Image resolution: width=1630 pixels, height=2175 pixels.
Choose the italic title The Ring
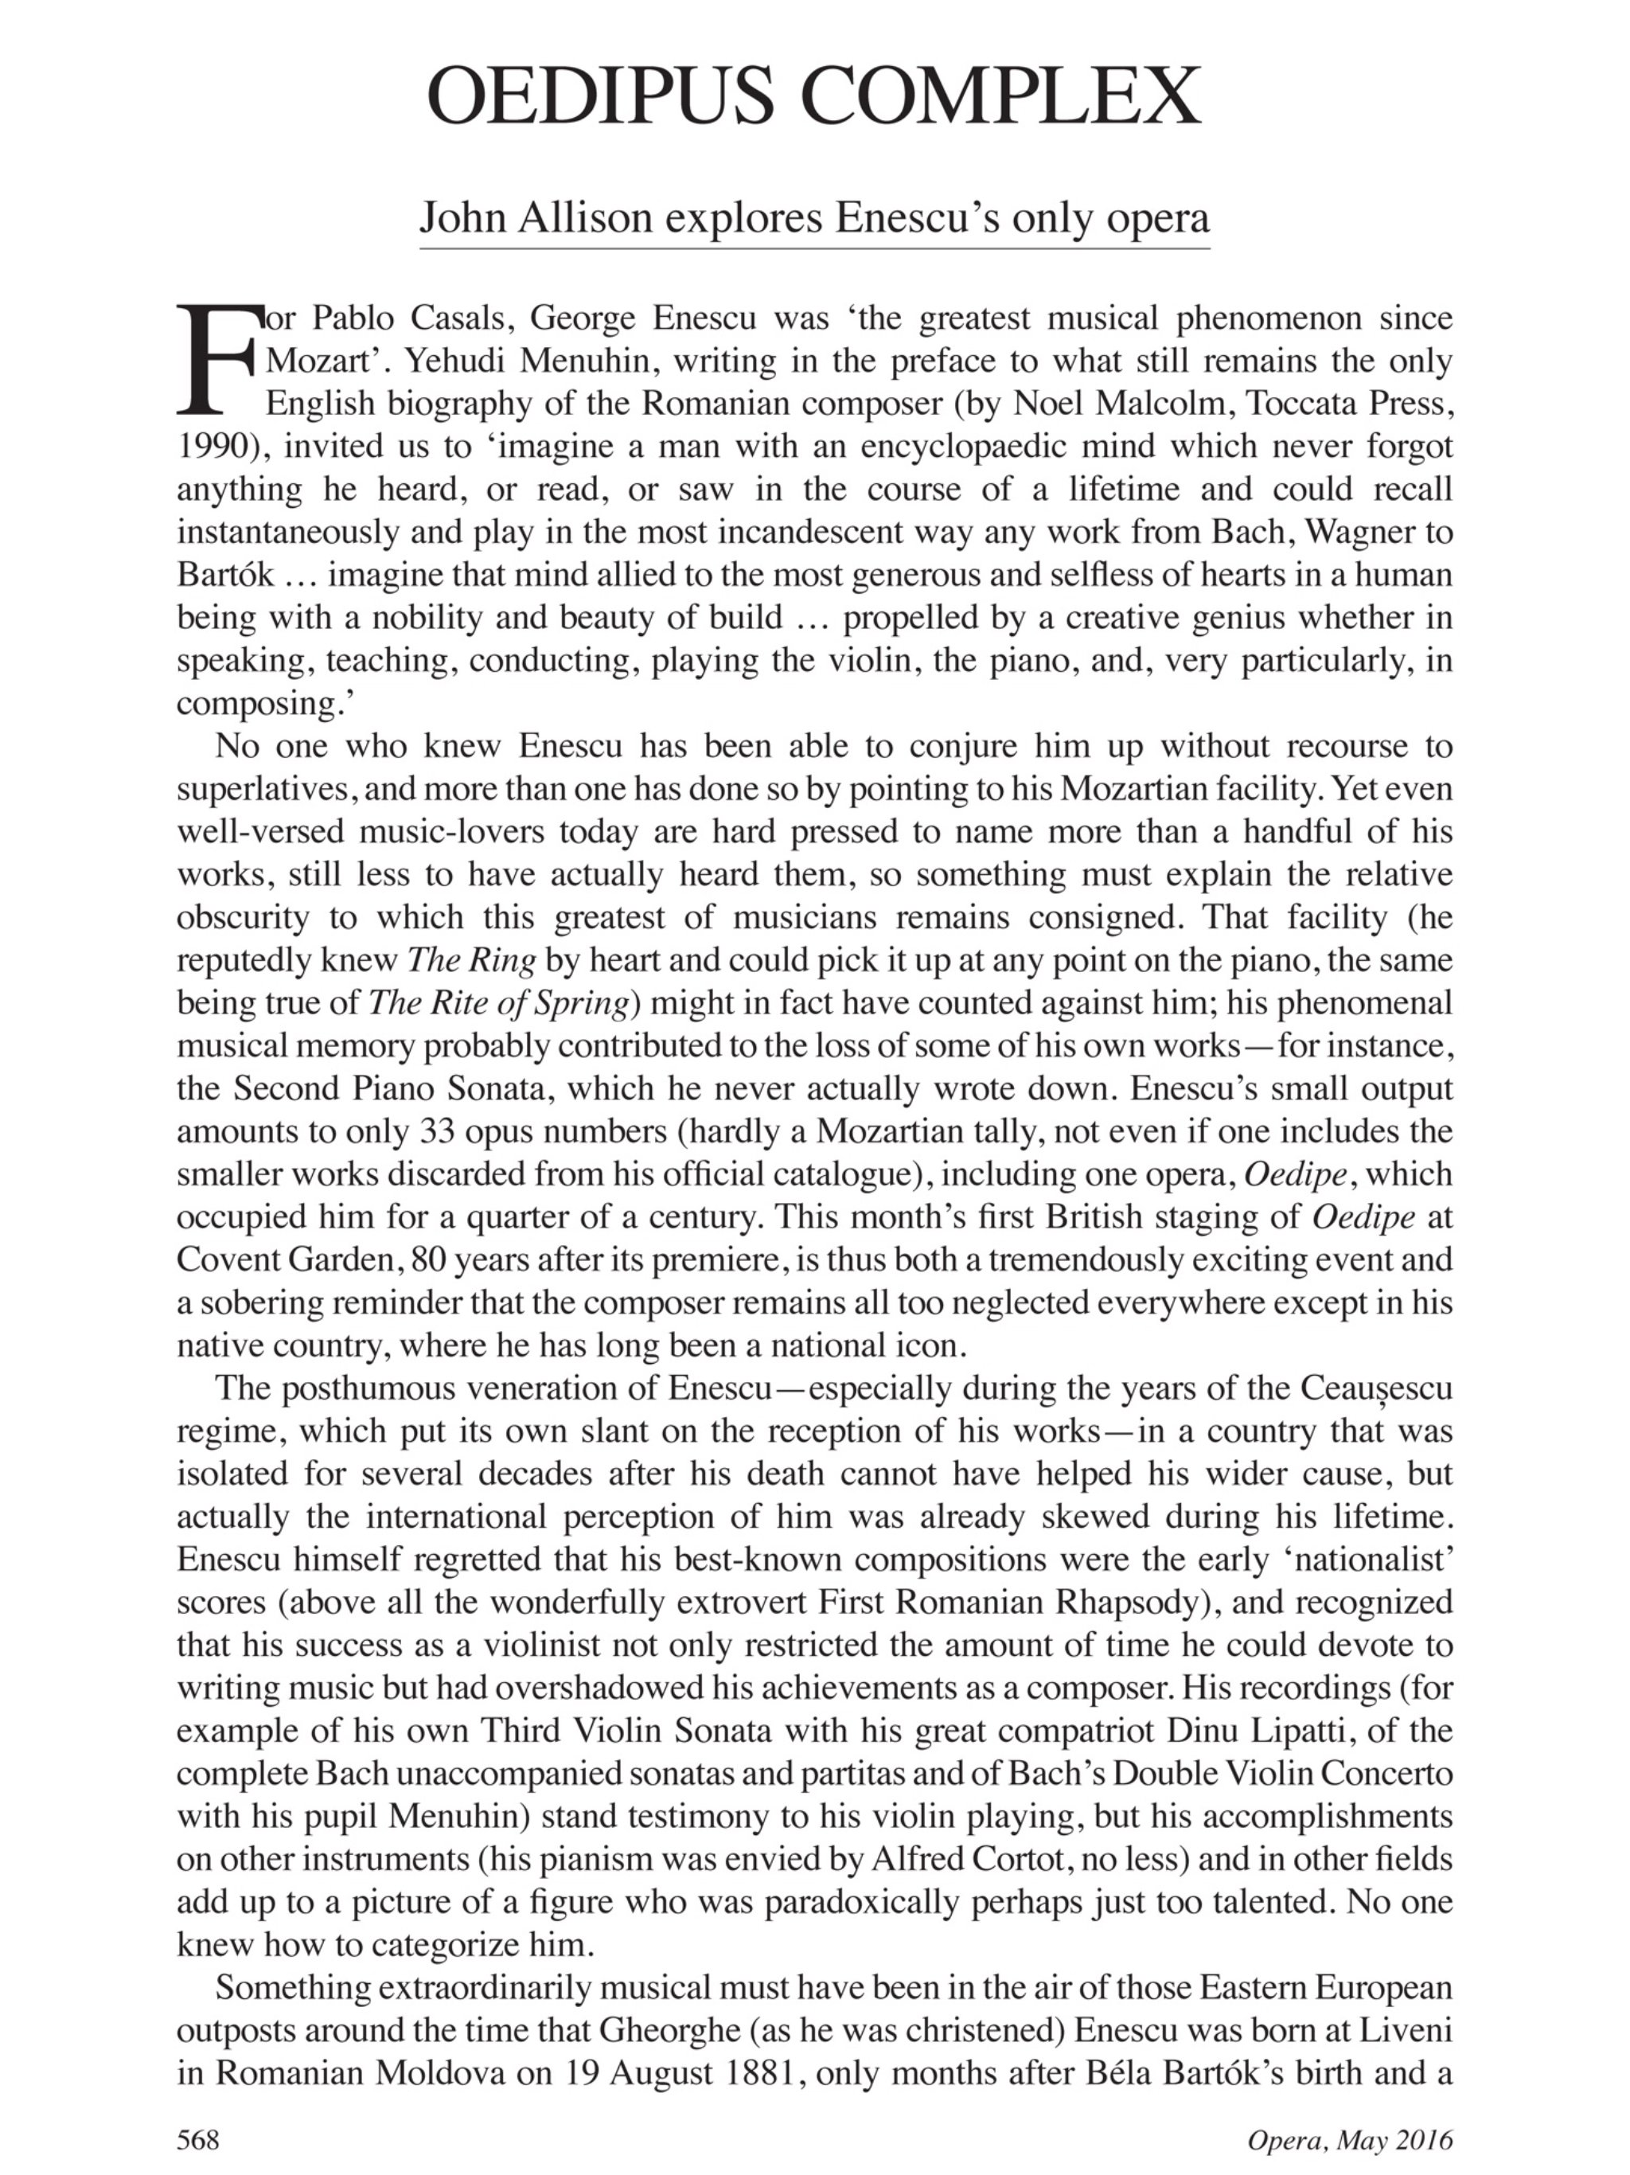click(471, 961)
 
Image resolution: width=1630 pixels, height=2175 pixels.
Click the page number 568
click(197, 2140)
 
